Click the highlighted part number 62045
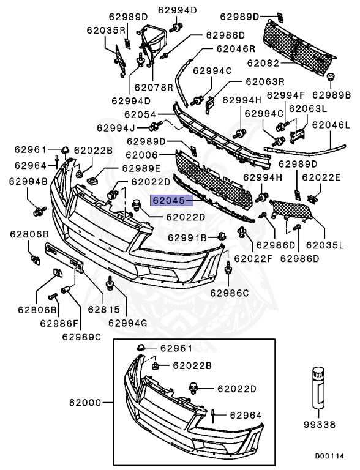tap(170, 200)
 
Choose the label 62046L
tap(331, 124)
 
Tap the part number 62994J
tap(115, 127)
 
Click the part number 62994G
tap(128, 323)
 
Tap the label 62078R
tap(154, 88)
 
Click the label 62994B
tap(28, 181)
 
